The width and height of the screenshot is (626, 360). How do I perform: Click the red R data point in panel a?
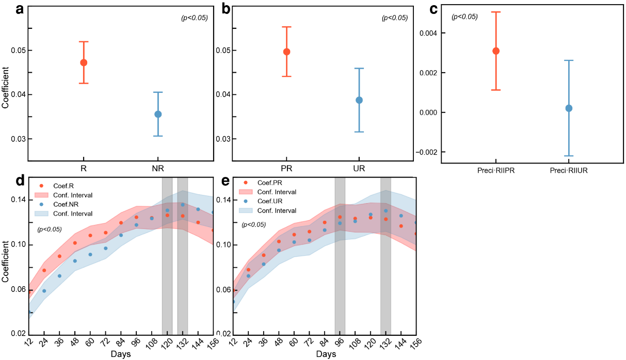84,62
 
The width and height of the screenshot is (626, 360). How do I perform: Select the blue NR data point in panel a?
158,114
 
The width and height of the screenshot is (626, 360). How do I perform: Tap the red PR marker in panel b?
286,52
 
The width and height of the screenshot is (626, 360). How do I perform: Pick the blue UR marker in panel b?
359,100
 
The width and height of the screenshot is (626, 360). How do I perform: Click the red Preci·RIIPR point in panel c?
496,51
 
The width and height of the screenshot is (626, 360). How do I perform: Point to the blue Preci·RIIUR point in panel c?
569,108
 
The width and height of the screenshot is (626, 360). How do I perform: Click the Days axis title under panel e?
326,355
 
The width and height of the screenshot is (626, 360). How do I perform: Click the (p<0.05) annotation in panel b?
394,18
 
